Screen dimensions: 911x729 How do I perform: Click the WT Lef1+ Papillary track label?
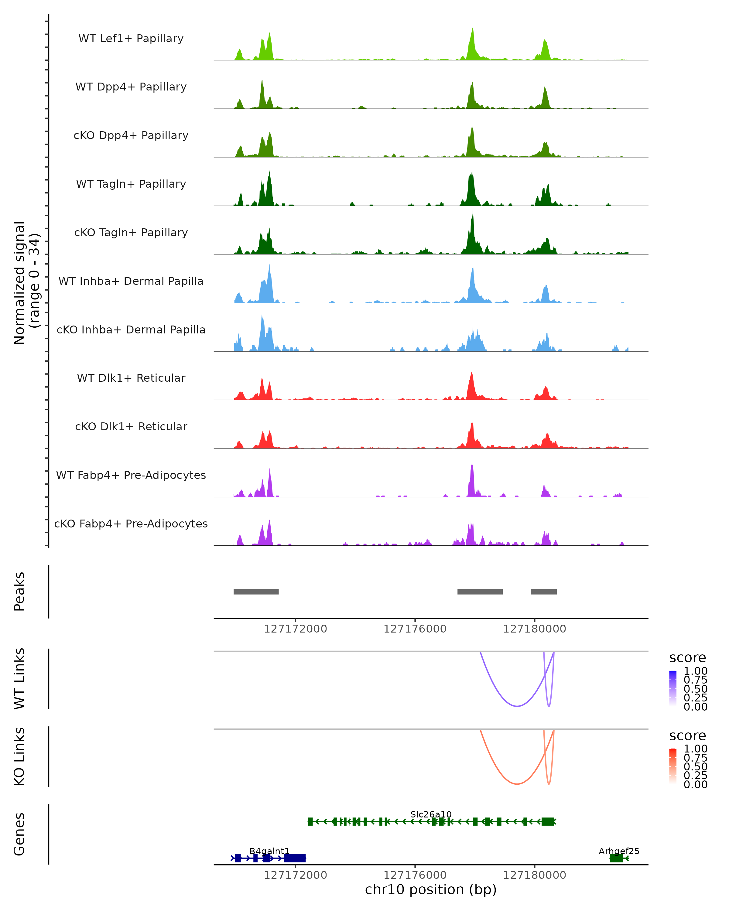click(x=131, y=39)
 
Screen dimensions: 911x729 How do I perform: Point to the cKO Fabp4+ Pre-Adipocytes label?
click(x=131, y=524)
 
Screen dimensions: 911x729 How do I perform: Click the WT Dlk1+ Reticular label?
click(x=131, y=378)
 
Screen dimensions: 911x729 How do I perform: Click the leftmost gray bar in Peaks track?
click(x=256, y=592)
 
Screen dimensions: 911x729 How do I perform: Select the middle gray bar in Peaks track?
click(x=480, y=592)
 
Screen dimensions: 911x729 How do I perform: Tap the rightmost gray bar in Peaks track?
click(x=544, y=592)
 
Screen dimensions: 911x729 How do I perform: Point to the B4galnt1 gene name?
click(x=269, y=851)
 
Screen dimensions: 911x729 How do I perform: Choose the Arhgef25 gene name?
click(x=619, y=851)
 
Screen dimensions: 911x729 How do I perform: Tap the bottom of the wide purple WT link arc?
click(x=517, y=706)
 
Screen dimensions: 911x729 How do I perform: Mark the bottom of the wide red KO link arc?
click(x=517, y=784)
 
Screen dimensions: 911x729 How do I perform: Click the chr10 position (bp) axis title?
click(x=431, y=889)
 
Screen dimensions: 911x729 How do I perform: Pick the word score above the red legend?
click(x=688, y=736)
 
